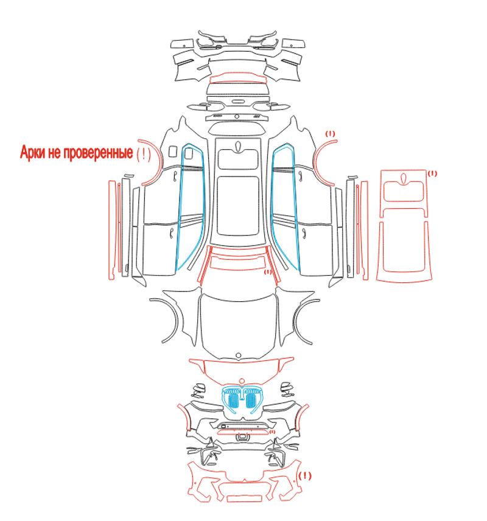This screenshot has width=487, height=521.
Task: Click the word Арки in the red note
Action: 33,152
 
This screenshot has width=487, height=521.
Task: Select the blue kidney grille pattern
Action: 242,400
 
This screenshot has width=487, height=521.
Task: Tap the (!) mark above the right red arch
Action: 330,133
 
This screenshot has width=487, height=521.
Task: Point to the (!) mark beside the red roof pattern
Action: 432,173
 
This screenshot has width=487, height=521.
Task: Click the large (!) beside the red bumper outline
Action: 305,475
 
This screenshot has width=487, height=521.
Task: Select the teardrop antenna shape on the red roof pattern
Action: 404,178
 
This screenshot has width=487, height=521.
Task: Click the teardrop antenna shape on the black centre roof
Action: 238,147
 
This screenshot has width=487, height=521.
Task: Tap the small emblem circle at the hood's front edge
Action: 239,356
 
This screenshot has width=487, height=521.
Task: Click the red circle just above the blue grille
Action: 242,381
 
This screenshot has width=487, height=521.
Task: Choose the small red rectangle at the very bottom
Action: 244,498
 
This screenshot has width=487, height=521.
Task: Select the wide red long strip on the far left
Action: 111,229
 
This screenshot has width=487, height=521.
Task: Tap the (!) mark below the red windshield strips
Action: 267,272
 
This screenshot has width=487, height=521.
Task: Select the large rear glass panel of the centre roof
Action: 238,206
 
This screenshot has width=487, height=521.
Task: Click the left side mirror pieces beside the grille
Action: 198,391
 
